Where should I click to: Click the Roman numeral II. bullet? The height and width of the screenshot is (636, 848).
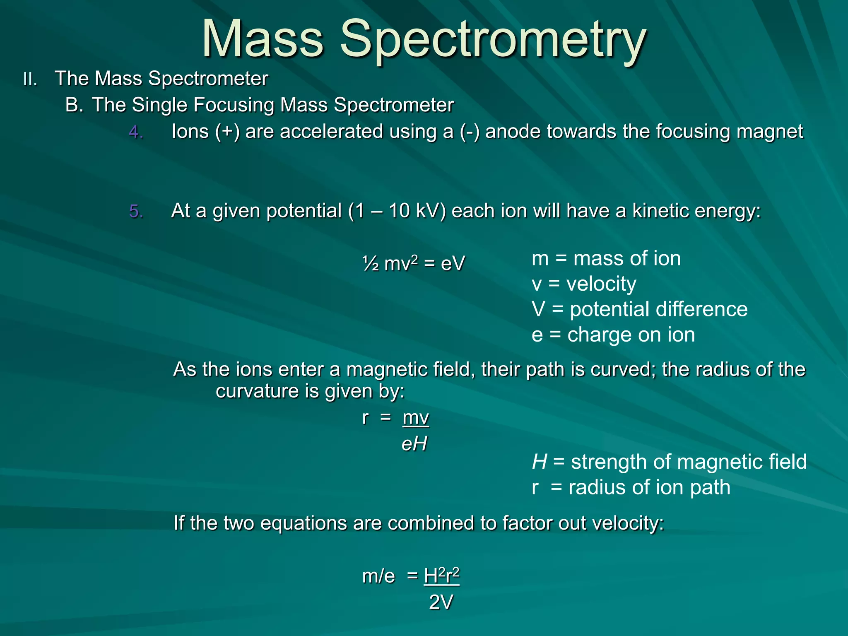(x=30, y=79)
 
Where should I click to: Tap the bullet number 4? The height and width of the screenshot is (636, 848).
(x=136, y=132)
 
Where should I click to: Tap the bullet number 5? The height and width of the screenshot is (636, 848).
(x=136, y=212)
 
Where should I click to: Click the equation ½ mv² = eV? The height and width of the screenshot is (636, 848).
(x=413, y=263)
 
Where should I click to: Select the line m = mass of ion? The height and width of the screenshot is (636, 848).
(x=606, y=259)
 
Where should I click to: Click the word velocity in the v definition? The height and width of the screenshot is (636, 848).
(x=601, y=284)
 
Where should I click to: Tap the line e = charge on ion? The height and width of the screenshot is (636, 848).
(x=613, y=335)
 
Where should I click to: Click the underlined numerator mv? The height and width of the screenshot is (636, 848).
(x=415, y=417)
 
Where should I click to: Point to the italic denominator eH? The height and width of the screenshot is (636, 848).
(x=414, y=444)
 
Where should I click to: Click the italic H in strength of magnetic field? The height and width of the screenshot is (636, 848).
(x=539, y=462)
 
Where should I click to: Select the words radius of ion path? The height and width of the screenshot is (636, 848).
(x=649, y=488)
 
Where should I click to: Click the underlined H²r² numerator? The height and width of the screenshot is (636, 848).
(x=441, y=576)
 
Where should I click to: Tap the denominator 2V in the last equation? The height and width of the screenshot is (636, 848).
(x=441, y=602)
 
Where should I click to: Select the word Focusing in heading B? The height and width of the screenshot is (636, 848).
(x=234, y=105)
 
